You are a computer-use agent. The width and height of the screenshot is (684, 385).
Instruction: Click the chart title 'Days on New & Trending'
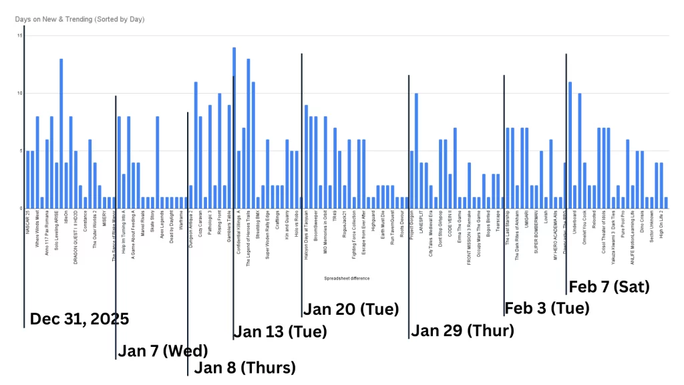coord(79,19)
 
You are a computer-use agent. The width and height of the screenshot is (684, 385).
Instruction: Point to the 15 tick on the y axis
coord(19,35)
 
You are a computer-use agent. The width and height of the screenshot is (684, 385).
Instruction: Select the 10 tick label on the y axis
coord(19,93)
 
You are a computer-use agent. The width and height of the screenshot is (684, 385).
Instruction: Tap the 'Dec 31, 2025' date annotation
coord(79,319)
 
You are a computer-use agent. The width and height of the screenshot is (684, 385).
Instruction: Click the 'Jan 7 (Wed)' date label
coord(163,350)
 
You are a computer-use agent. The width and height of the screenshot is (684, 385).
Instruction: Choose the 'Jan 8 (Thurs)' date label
coord(244,367)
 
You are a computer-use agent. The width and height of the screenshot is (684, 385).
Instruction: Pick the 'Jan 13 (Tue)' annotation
coord(280,332)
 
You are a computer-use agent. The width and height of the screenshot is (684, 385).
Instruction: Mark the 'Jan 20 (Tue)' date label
coord(351,309)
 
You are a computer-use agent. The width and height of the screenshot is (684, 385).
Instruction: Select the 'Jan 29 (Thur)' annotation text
coord(462,330)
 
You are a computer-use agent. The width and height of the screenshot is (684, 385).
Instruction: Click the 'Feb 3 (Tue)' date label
coord(547,308)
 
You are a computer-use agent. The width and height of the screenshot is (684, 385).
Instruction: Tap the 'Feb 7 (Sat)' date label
coord(609,287)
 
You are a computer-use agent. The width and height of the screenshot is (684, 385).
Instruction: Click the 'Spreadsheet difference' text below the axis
coord(347,278)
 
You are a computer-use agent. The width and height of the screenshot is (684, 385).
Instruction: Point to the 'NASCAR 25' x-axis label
coord(27,221)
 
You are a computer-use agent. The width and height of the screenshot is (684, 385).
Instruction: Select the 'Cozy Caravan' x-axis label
coord(200,223)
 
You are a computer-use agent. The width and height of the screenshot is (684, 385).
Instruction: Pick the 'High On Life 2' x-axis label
coord(661,223)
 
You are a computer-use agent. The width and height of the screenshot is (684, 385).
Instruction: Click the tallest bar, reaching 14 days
coord(234,128)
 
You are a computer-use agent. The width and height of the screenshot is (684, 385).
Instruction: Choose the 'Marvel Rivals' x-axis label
coord(143,223)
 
